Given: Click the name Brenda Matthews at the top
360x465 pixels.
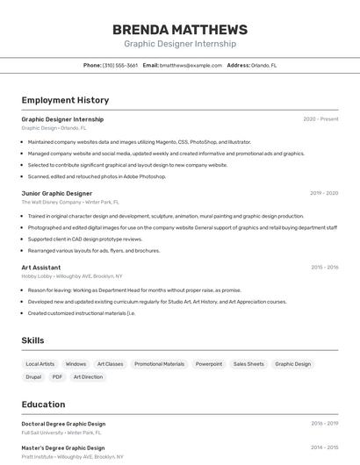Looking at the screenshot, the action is (179, 30).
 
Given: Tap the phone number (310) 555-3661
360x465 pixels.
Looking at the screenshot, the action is (119, 65).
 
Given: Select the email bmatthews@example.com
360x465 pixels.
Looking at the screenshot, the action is (191, 65).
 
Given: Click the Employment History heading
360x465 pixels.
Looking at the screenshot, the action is (65, 100).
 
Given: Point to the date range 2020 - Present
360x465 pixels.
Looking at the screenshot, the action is (320, 119).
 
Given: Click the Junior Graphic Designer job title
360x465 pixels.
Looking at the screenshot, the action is (56, 193).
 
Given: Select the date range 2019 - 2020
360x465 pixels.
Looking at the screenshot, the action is (324, 193).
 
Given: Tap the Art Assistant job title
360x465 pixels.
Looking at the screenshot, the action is (41, 267).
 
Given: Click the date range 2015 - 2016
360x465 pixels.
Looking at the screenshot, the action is (324, 267).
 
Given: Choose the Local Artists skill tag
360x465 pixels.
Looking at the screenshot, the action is (40, 364).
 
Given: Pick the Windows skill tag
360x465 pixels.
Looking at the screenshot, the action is (76, 364).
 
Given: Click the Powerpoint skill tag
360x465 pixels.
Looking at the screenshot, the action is (209, 364).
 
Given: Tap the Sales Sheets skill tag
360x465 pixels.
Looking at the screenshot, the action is (248, 364).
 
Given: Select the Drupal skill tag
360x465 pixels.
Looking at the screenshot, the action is (33, 377).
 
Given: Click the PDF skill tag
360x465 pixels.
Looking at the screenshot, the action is (57, 377).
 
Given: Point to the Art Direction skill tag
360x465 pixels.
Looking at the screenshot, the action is (88, 377).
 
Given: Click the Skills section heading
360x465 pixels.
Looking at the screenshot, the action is (32, 340).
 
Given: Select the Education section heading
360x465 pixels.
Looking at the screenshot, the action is (43, 404).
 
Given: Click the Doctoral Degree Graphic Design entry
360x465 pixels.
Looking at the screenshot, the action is (63, 424).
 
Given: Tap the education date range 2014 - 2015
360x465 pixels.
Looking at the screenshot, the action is (324, 447).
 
